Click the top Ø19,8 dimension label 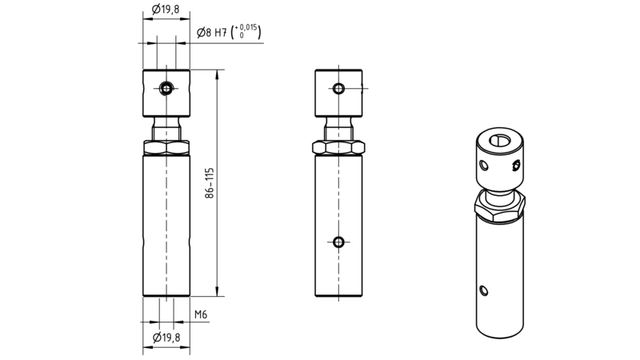[x=166, y=9]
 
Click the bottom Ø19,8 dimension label [x=166, y=338]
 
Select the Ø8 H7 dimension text [x=211, y=32]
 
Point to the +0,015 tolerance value [x=246, y=28]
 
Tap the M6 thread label [x=201, y=314]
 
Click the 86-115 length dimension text [x=210, y=183]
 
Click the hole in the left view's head [x=166, y=88]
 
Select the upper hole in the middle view [x=338, y=88]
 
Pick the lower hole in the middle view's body [x=338, y=242]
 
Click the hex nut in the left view [x=166, y=147]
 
